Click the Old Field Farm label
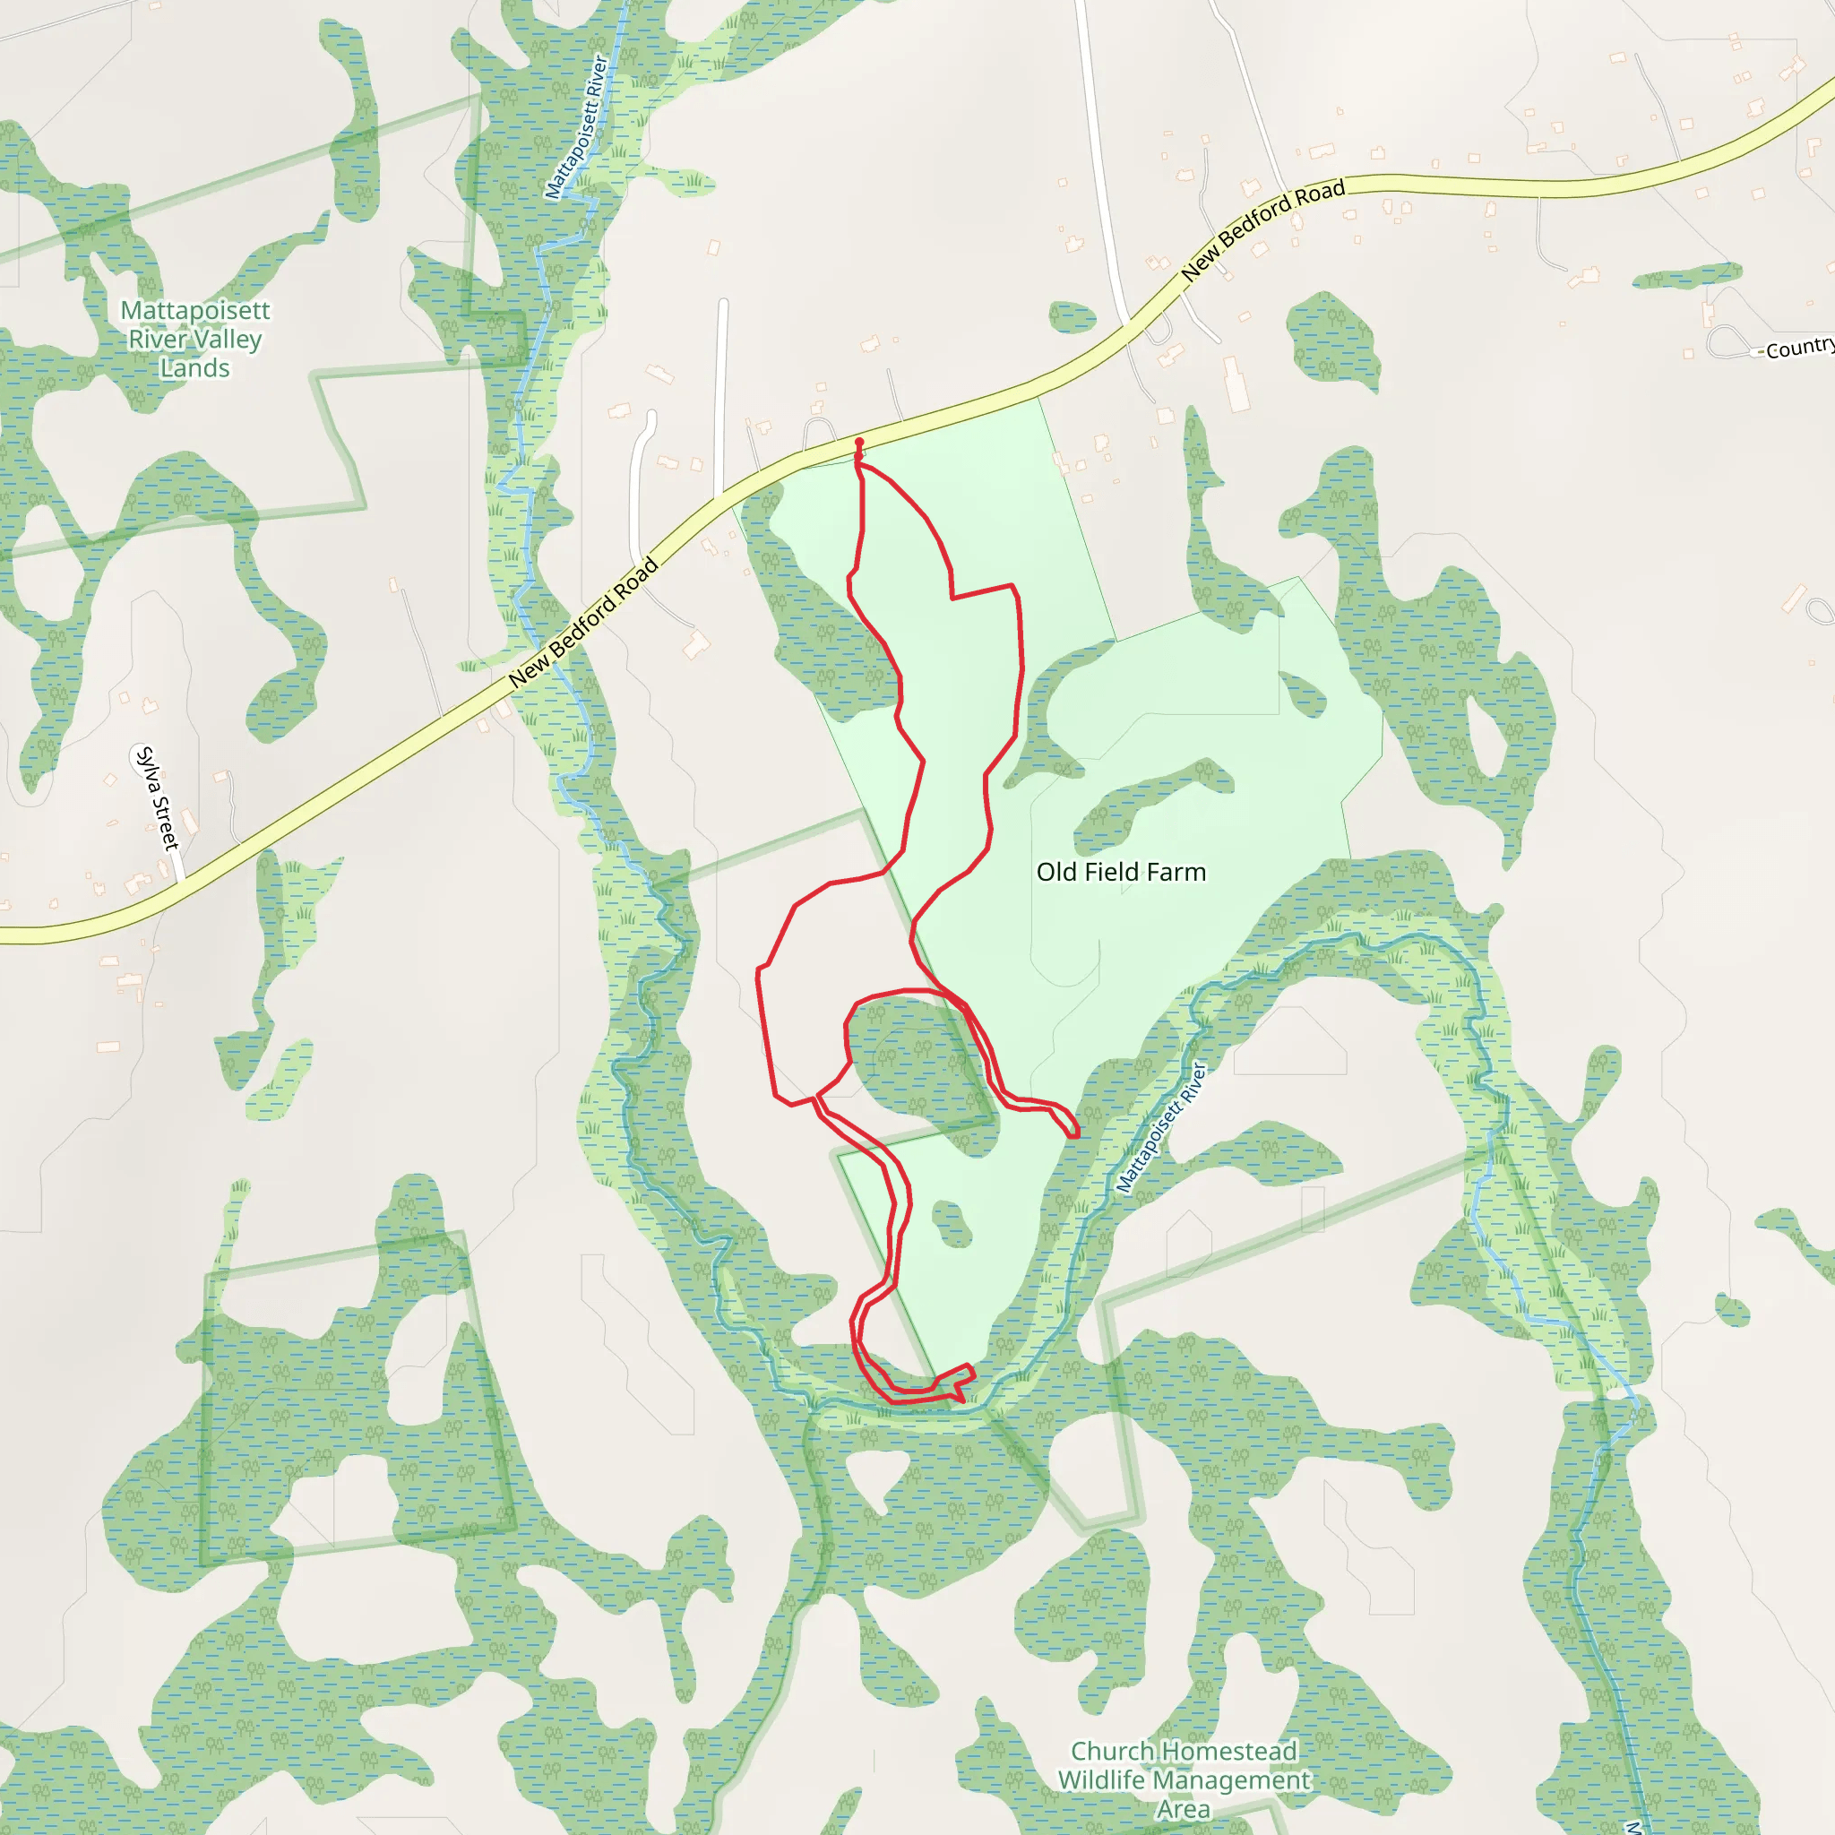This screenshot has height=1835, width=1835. [x=1121, y=872]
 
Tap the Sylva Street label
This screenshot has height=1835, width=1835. [x=157, y=798]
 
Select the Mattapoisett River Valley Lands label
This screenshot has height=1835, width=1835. [x=194, y=339]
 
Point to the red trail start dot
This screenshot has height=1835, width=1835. [x=859, y=443]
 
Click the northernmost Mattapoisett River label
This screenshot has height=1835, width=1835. [x=575, y=127]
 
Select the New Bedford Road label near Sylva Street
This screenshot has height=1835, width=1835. [x=583, y=622]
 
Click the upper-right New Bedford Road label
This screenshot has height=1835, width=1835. [x=1262, y=228]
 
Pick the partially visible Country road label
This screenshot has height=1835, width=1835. [x=1799, y=349]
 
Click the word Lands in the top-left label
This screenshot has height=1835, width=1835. [x=194, y=368]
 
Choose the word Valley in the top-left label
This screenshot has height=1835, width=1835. [x=224, y=339]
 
